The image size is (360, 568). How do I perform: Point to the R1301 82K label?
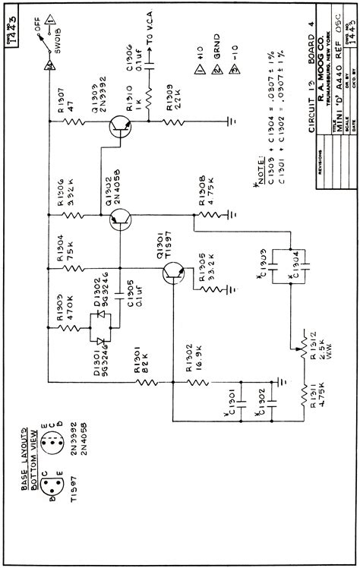coord(141,373)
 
